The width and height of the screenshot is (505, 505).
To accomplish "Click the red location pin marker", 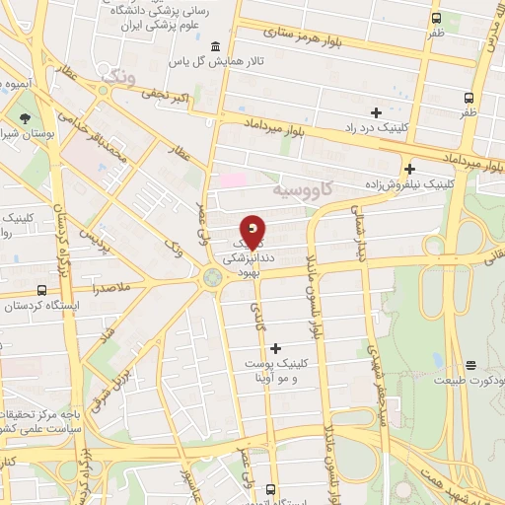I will pyautogui.click(x=253, y=232).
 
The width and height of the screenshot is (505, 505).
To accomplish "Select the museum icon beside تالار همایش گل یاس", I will pyautogui.click(x=216, y=47).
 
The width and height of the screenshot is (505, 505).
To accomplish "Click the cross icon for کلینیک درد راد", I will pyautogui.click(x=376, y=110).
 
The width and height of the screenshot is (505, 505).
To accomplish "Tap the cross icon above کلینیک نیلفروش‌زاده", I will pyautogui.click(x=409, y=168).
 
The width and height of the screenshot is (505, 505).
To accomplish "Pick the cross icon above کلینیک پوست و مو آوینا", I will pyautogui.click(x=275, y=347).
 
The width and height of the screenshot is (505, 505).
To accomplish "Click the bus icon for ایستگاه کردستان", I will pyautogui.click(x=41, y=290).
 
